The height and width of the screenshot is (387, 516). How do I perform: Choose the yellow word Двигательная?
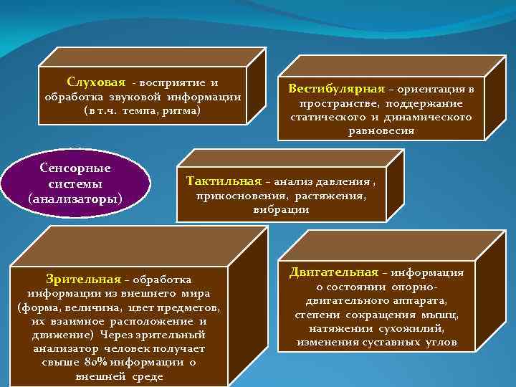333,272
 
